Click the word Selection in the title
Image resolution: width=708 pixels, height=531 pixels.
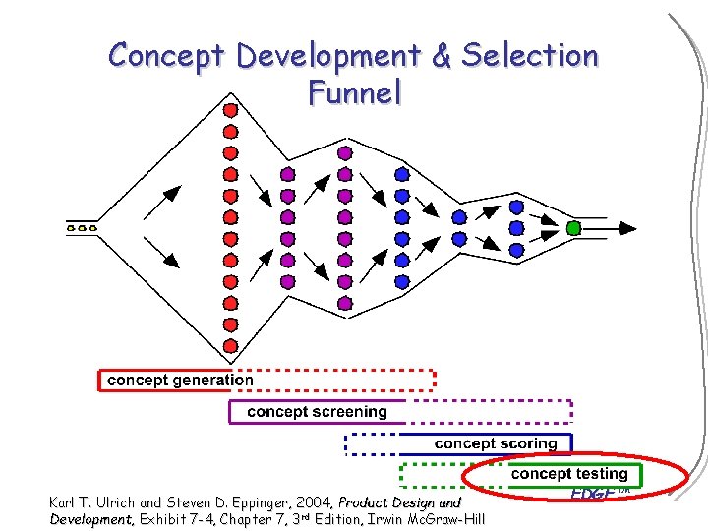(530, 56)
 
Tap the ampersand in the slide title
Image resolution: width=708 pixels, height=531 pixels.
(440, 56)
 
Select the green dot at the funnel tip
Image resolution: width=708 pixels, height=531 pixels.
(574, 228)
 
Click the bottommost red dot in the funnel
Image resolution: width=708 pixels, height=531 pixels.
(230, 346)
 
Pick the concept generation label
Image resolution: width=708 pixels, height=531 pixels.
(180, 380)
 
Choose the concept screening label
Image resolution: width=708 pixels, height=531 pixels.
(317, 411)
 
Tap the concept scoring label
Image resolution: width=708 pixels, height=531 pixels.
(496, 443)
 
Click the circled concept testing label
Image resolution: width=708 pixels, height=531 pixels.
(569, 474)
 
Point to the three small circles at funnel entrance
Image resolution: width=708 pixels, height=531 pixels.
(82, 228)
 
